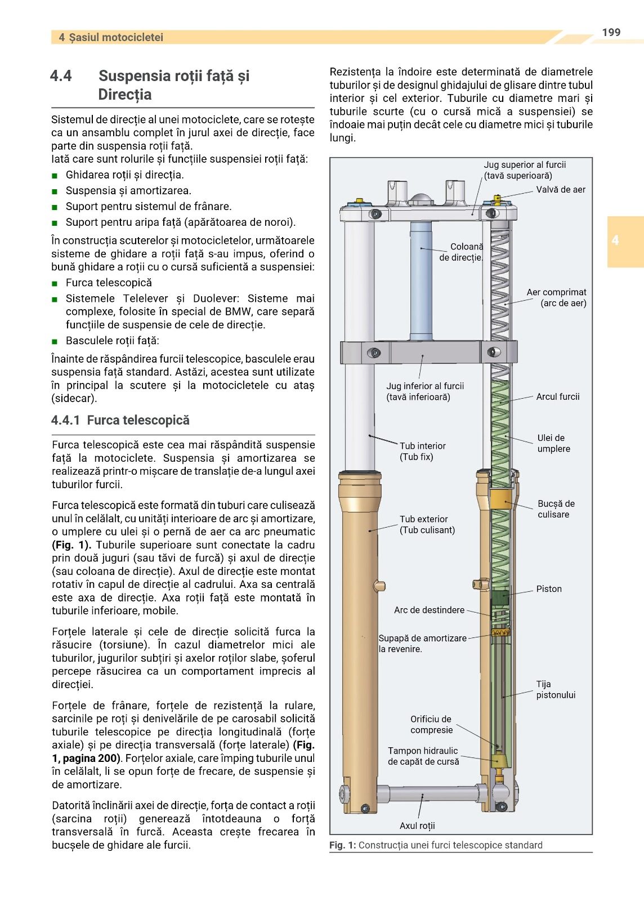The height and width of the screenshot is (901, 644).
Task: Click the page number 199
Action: pyautogui.click(x=611, y=33)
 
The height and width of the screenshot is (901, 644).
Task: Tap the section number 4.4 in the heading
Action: pyautogui.click(x=61, y=76)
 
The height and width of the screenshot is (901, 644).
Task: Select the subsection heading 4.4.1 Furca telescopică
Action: pyautogui.click(x=120, y=420)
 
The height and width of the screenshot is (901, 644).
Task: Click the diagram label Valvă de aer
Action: pyautogui.click(x=560, y=190)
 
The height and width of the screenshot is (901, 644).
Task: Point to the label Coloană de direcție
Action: pyautogui.click(x=461, y=252)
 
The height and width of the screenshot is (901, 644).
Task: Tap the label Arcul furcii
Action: pyautogui.click(x=557, y=397)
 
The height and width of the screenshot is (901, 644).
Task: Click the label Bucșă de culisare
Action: pyautogui.click(x=556, y=509)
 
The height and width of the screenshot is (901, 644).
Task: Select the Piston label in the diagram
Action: pyautogui.click(x=548, y=589)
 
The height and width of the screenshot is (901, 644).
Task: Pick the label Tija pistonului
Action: pyautogui.click(x=555, y=690)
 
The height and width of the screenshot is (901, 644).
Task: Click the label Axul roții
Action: pyautogui.click(x=417, y=826)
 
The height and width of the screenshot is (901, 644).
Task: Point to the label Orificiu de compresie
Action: pyautogui.click(x=431, y=725)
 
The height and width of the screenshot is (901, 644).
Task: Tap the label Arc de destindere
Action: pyautogui.click(x=429, y=610)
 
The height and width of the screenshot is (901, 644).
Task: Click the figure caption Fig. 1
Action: pyautogui.click(x=436, y=845)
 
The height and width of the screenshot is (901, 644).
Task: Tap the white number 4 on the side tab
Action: pyautogui.click(x=615, y=240)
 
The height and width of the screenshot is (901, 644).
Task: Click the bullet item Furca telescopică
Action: pyautogui.click(x=109, y=283)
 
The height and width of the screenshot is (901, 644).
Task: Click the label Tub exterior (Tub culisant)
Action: pyautogui.click(x=427, y=525)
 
